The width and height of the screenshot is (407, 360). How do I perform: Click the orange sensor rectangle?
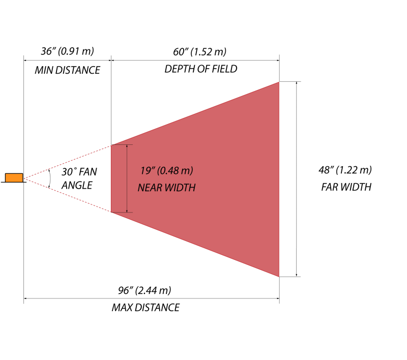coord(14,177)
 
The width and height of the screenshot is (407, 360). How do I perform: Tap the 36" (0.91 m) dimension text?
coord(68,51)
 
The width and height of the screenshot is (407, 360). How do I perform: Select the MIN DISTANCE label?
coord(67,70)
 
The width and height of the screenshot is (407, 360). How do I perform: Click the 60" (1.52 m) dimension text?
coord(199,51)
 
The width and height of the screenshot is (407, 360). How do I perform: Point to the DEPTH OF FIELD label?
coord(200,69)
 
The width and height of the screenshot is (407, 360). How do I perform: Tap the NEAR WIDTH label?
coord(167,188)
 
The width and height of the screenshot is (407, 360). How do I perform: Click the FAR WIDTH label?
coord(346,187)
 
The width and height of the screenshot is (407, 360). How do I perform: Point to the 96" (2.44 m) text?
coord(144,290)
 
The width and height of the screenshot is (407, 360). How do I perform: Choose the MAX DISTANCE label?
coord(146,308)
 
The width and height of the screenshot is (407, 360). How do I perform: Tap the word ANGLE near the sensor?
coord(77,185)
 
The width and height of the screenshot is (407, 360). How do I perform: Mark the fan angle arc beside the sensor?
coord(49,178)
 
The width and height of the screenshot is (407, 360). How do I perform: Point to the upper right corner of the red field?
coord(278,82)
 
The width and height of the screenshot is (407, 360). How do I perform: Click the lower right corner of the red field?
coord(278,276)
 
